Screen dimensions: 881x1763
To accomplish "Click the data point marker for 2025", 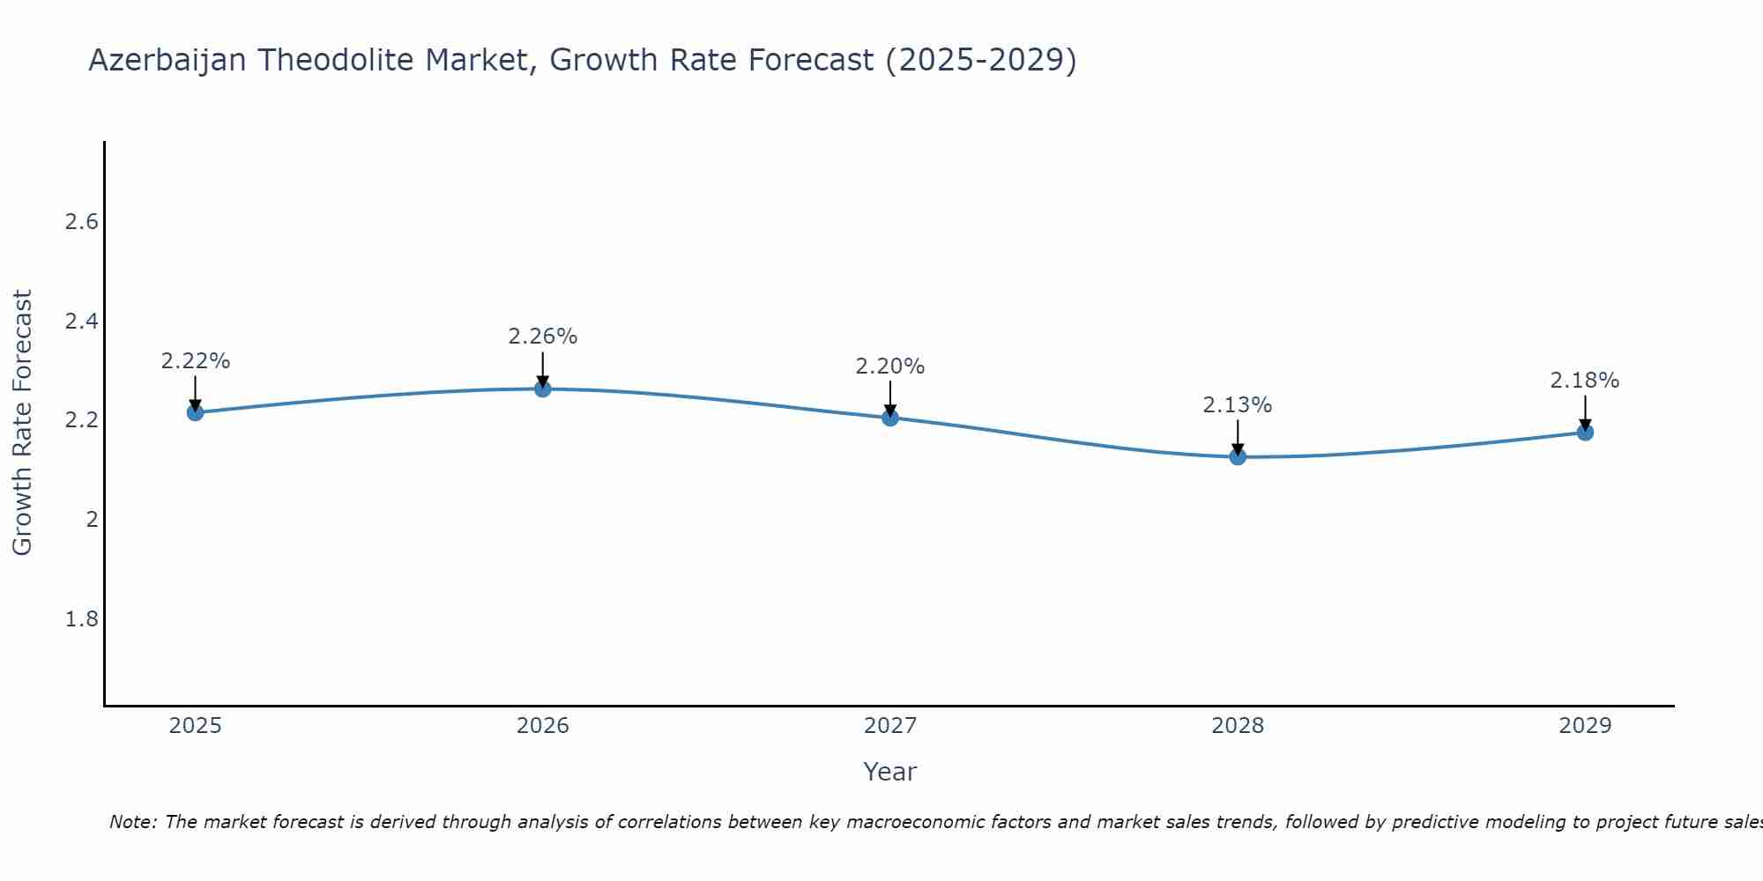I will tap(195, 412).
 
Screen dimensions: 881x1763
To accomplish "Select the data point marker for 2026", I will tap(542, 389).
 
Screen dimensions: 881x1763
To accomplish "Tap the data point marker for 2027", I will tap(889, 418).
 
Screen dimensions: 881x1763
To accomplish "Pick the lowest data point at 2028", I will tap(1237, 456).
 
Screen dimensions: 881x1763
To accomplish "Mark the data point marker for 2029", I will tap(1584, 432).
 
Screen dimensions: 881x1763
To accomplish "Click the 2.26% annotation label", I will tap(542, 337).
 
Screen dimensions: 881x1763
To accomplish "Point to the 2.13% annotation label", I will tap(1237, 405).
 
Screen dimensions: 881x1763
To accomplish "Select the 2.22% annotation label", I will tap(195, 361).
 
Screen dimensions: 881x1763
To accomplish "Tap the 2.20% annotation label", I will tap(889, 366).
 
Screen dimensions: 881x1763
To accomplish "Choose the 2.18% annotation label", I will tap(1584, 381).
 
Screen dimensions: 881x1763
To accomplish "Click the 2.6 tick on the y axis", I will tap(81, 222).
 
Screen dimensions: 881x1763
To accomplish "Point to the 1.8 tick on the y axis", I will tap(81, 619).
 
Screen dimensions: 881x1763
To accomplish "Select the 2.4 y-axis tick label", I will tap(81, 322).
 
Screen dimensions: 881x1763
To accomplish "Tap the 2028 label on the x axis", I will tap(1237, 726).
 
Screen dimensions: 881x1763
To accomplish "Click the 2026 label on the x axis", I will tap(542, 726).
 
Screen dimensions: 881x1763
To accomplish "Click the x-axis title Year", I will tap(889, 772).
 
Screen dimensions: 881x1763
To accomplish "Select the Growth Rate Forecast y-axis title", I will tap(22, 423).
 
